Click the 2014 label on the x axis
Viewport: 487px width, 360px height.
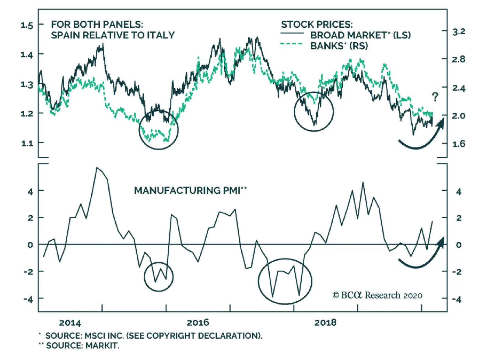tap(70, 323)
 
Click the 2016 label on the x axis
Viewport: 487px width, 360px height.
tap(198, 323)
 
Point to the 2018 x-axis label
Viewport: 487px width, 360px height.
tap(325, 323)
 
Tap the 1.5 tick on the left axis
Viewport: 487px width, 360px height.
tap(27, 25)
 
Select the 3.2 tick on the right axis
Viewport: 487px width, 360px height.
tap(459, 32)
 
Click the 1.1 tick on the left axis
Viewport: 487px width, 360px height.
tap(27, 143)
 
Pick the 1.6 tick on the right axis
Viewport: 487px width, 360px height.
tap(459, 144)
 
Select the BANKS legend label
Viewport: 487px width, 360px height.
tap(339, 46)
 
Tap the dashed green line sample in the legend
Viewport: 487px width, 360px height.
tap(292, 44)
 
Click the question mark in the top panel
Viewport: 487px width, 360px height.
tap(435, 97)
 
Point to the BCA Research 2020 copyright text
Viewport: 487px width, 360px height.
tap(377, 295)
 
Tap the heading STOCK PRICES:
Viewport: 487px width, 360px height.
tap(317, 24)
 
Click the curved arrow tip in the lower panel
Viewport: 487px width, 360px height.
tap(443, 238)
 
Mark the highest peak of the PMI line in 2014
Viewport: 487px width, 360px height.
tap(97, 168)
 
